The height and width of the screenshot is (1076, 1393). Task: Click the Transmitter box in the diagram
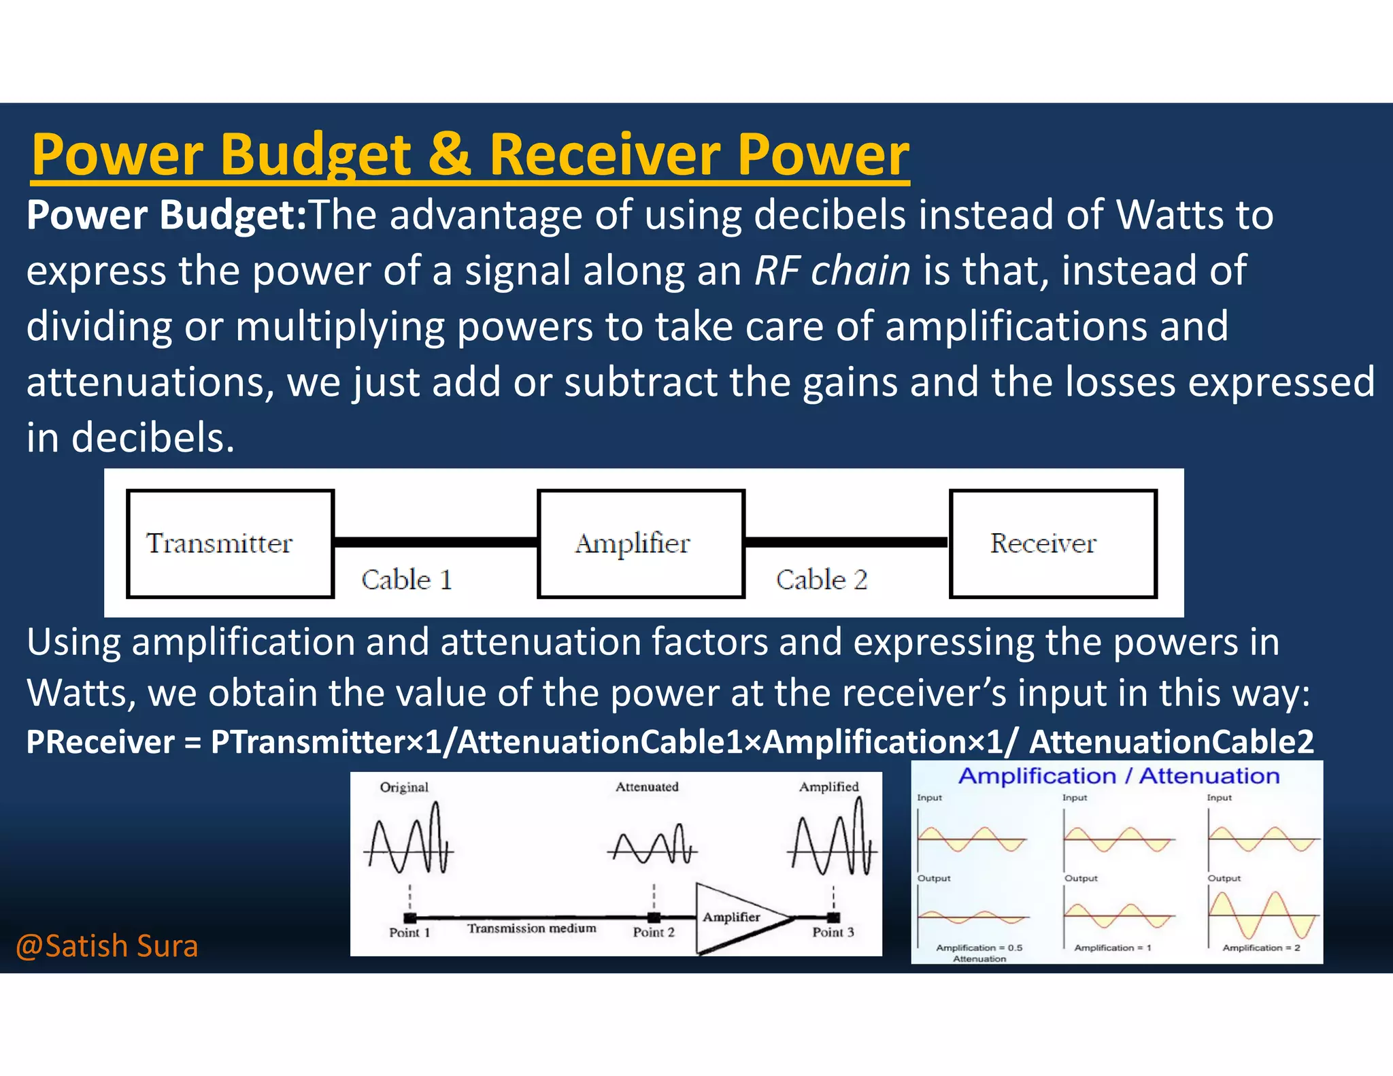[230, 543]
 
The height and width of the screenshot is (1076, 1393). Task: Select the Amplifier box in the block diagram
[640, 543]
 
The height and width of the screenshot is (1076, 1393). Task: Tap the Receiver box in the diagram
[1052, 543]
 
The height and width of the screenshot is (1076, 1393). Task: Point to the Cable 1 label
[407, 580]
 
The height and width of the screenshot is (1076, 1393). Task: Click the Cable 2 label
[821, 580]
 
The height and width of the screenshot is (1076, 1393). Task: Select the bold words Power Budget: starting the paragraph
[167, 215]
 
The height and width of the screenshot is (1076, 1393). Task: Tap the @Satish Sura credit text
[107, 946]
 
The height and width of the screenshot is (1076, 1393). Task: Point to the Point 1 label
[409, 932]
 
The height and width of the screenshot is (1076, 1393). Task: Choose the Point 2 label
[653, 932]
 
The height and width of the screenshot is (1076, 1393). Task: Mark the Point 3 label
[833, 932]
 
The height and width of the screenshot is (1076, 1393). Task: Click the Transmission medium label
[531, 928]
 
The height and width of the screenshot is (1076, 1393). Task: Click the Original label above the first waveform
[404, 788]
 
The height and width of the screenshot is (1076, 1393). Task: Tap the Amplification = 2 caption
[1261, 947]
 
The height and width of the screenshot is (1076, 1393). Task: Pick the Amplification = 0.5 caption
[979, 947]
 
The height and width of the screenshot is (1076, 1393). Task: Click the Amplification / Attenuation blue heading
[1119, 776]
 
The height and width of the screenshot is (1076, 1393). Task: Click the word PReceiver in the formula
[101, 742]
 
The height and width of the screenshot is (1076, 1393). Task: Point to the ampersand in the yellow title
[449, 154]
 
